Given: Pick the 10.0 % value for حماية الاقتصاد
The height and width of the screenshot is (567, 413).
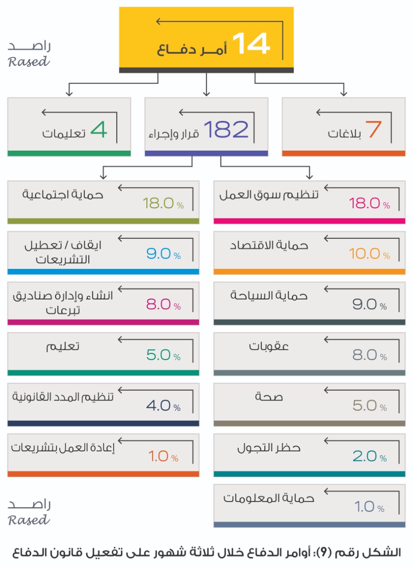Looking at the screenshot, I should tap(369, 254).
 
